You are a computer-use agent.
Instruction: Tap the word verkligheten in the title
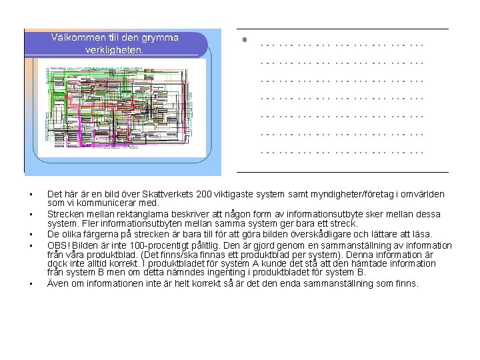coord(115,49)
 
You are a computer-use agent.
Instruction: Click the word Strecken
coord(64,214)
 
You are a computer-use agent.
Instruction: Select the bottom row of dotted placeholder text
coord(342,152)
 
